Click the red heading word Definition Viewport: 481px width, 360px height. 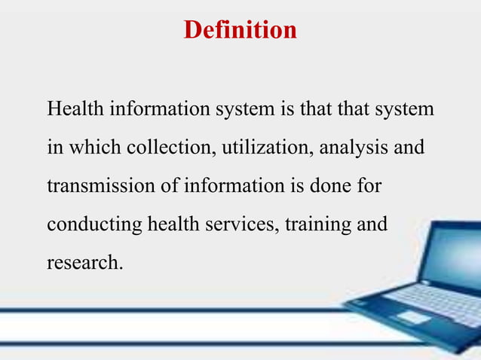(240, 30)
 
